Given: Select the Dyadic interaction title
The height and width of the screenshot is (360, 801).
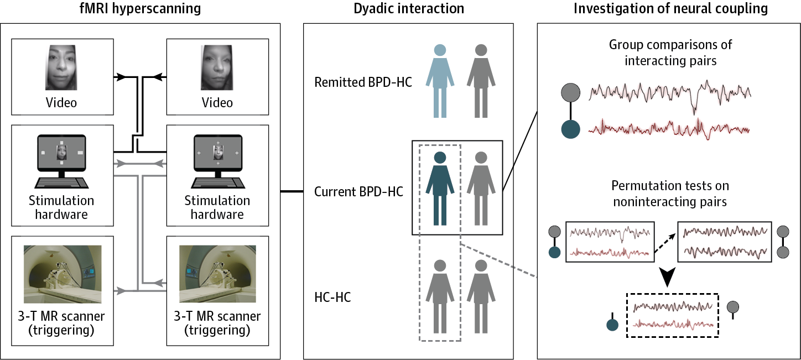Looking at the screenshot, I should pos(409,9).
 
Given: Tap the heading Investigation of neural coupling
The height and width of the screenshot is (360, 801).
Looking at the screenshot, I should pos(670,9).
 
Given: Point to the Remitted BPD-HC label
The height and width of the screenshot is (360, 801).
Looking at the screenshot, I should pos(363,83).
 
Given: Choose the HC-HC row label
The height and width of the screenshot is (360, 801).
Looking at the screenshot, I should pos(332,298).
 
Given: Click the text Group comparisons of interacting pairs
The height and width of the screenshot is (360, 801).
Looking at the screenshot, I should pos(670,53).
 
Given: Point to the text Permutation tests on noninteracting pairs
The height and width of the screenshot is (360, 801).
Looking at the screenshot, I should pos(670,194).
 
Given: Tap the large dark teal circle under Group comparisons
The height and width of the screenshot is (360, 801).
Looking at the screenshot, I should pos(570,129).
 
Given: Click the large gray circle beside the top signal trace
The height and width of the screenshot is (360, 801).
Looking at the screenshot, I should pos(570,92).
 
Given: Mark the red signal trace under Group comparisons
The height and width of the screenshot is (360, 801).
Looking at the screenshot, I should pos(668,128).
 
